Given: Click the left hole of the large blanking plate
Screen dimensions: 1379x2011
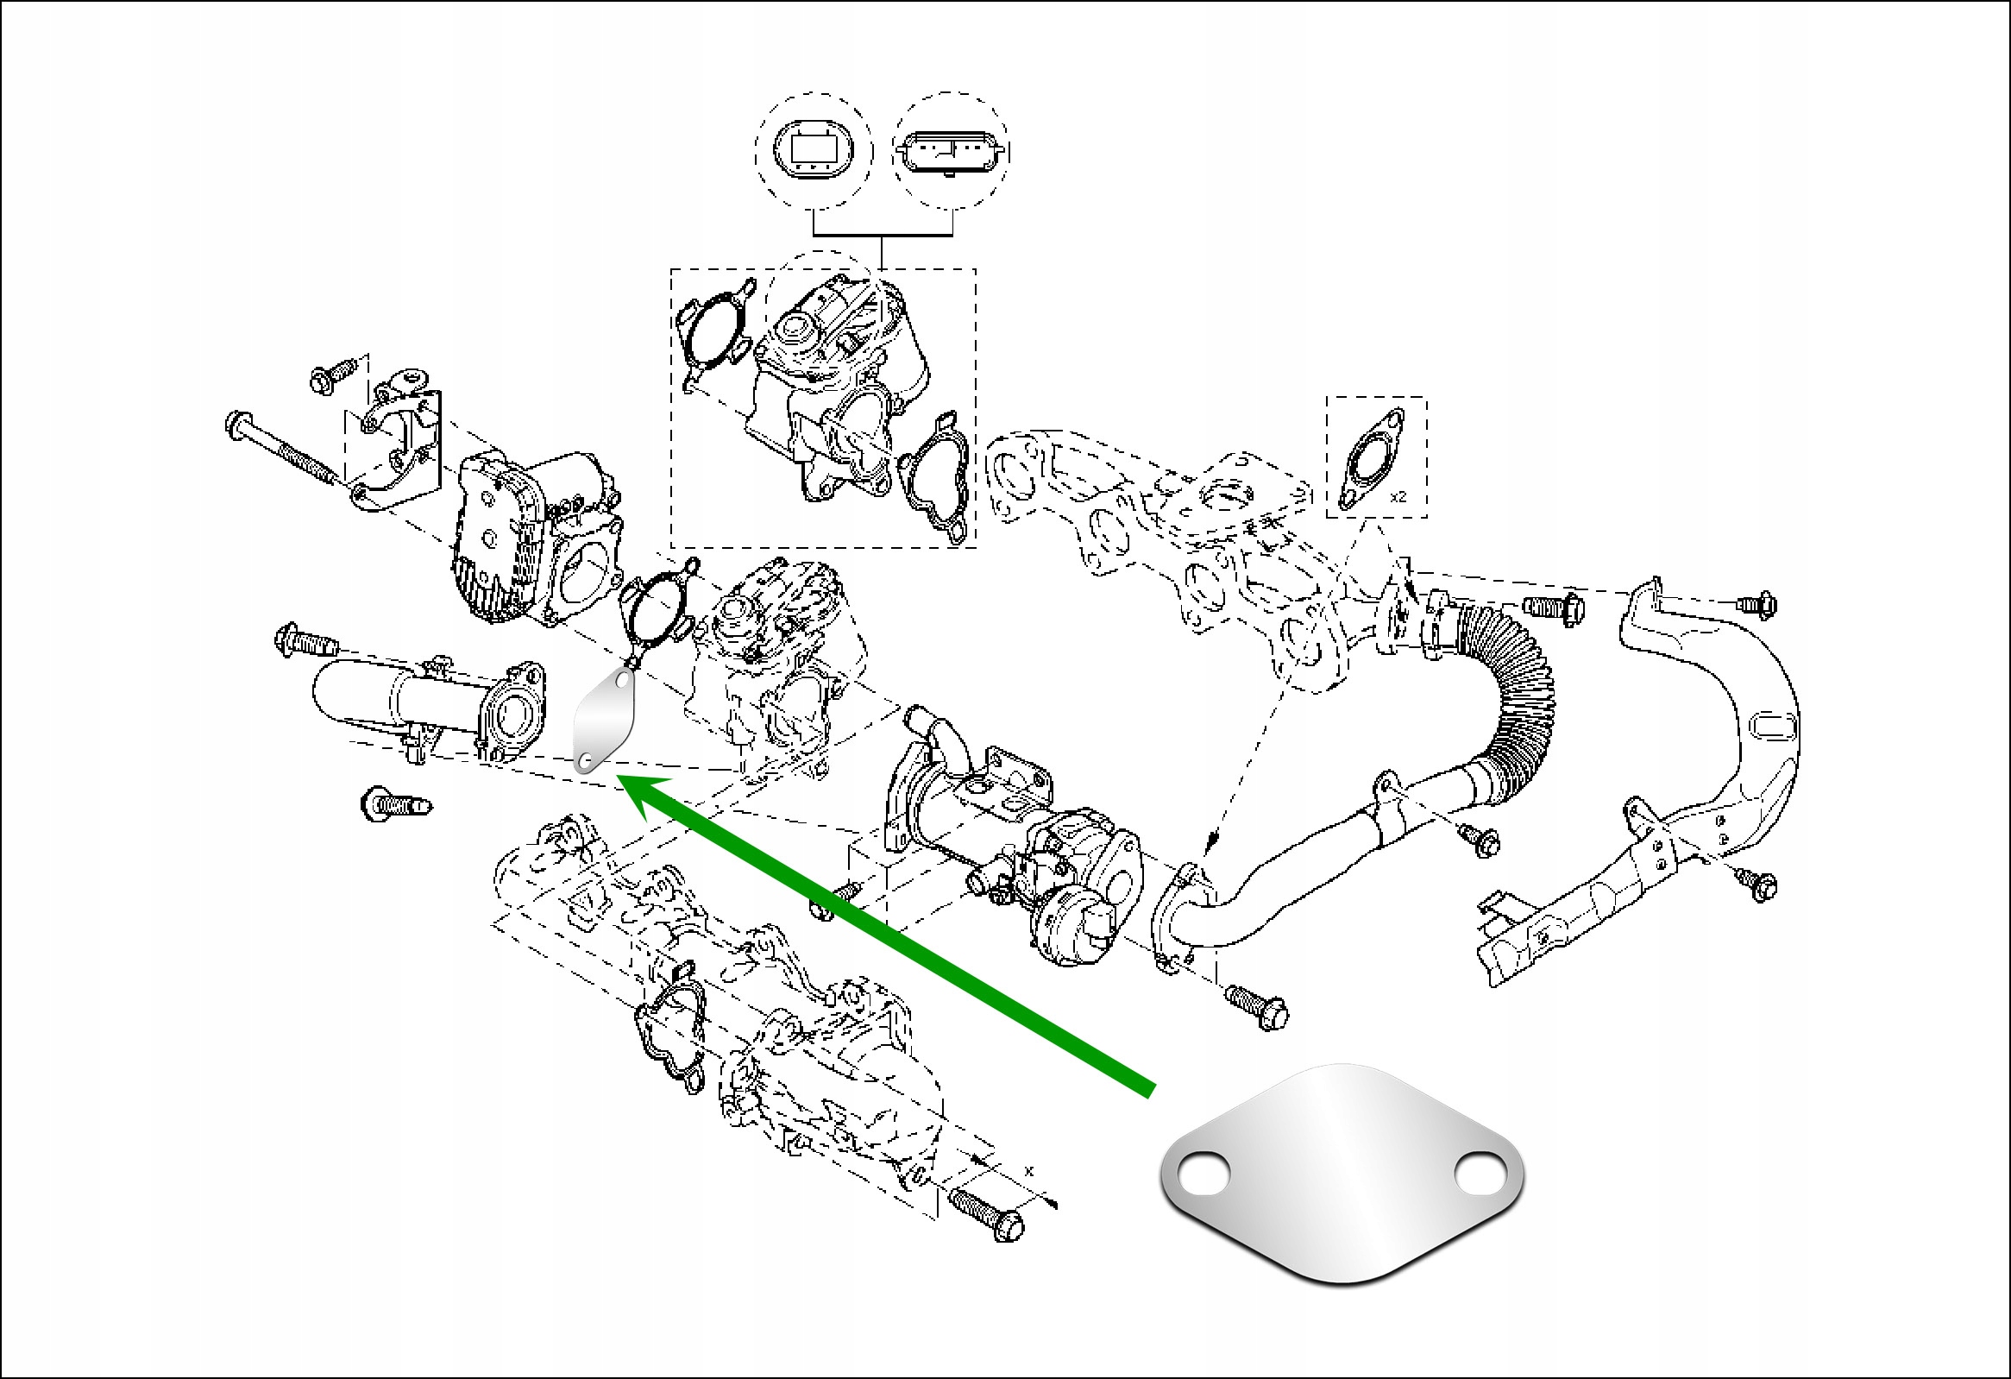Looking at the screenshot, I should pyautogui.click(x=1203, y=1175).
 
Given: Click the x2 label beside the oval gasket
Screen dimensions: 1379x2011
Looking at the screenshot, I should pyautogui.click(x=1398, y=498).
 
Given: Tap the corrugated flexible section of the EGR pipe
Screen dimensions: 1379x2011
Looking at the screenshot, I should pyautogui.click(x=1510, y=693).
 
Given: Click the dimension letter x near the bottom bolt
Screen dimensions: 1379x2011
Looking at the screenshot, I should pyautogui.click(x=1029, y=1170).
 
